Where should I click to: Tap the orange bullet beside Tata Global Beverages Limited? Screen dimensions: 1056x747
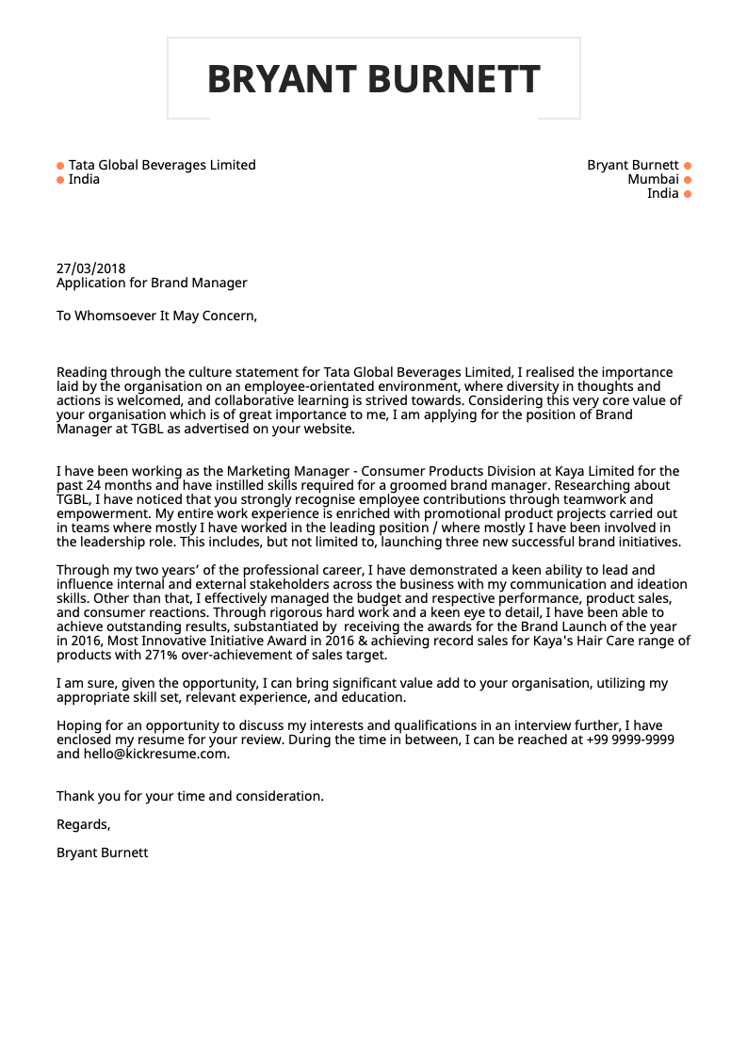60,166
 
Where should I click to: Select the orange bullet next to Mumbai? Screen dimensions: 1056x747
688,180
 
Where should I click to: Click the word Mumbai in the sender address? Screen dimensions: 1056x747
653,179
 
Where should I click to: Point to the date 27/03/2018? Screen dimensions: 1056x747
90,268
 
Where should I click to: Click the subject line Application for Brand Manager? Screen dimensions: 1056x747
152,283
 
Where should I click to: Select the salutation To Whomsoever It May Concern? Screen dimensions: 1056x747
156,316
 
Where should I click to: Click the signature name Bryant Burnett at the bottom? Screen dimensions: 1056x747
102,853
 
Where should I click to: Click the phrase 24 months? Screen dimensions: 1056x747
111,485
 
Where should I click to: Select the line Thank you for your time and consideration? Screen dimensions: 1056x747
189,796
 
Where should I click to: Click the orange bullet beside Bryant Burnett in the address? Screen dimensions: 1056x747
688,166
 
